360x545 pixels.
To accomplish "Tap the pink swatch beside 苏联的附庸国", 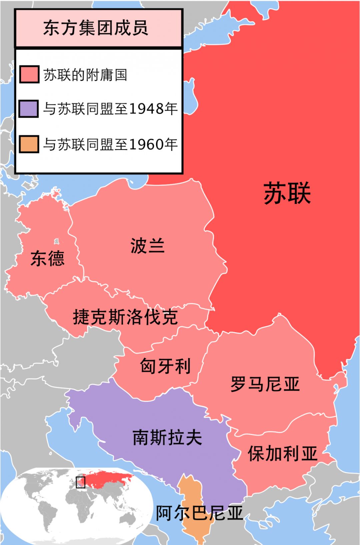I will [x=29, y=74].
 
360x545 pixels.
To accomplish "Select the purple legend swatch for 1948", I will [x=29, y=109].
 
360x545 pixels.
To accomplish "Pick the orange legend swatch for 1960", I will [x=29, y=144].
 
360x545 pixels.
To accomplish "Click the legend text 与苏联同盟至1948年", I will [x=110, y=109].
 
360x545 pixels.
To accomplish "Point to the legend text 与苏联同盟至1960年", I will [x=110, y=144].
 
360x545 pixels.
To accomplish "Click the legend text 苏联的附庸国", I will [x=85, y=75].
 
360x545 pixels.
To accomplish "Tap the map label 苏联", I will [x=287, y=193].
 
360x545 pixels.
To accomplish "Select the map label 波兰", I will [x=147, y=246].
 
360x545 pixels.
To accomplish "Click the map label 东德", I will [x=47, y=259].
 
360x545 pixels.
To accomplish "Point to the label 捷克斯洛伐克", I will [x=125, y=317].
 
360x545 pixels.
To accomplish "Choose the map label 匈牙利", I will [x=165, y=366].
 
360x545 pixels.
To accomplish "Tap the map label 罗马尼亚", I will [x=265, y=384].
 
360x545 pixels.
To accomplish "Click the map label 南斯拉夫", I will [x=167, y=437].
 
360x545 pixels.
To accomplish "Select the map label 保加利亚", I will [x=282, y=453].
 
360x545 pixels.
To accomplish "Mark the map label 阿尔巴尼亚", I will [x=199, y=513].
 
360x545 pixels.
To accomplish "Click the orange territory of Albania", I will [x=192, y=530].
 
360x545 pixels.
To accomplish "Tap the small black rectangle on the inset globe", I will [x=81, y=482].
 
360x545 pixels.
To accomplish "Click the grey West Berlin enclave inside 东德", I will [x=57, y=241].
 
